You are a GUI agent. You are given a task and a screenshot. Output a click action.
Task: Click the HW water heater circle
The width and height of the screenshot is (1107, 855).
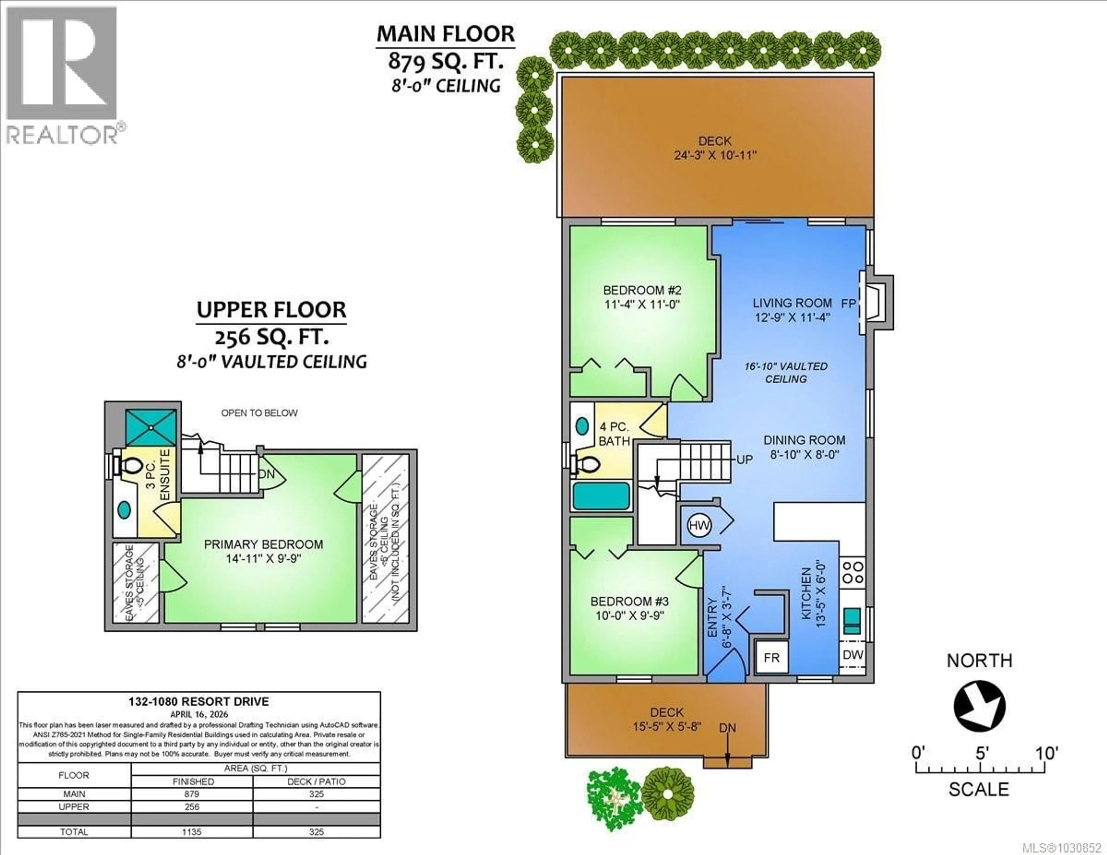pos(699,526)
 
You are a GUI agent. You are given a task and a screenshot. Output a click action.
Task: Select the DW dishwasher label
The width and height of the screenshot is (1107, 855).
pos(852,655)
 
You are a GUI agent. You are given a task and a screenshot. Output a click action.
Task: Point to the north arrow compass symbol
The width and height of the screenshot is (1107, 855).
pos(979,705)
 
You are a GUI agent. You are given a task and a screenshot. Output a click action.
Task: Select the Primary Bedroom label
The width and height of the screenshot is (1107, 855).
pos(263,544)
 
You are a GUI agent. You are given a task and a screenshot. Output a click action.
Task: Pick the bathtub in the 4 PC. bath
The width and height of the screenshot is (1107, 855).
pos(601,496)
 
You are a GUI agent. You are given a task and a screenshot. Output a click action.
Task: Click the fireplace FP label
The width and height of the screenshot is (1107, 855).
pos(848,304)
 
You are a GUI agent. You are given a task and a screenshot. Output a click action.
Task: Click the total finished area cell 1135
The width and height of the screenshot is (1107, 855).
pos(192,832)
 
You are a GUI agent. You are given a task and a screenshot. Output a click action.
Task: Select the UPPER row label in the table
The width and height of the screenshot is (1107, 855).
pos(74,807)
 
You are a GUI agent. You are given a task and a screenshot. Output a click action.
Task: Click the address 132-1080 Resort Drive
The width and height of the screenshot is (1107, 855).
pos(199,701)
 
